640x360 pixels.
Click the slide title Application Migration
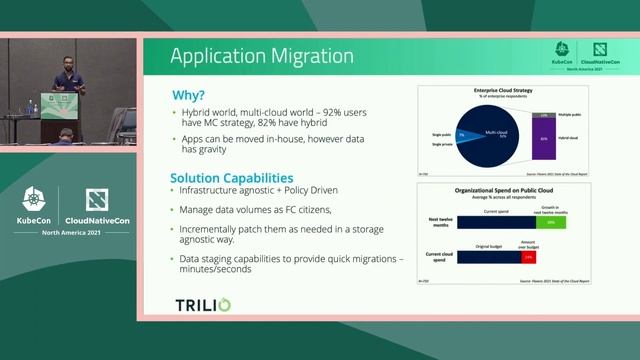(x=261, y=56)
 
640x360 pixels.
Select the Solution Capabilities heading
(x=231, y=177)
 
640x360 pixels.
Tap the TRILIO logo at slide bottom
(x=203, y=304)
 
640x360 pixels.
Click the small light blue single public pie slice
(x=463, y=134)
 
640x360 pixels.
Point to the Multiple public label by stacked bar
(x=570, y=117)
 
